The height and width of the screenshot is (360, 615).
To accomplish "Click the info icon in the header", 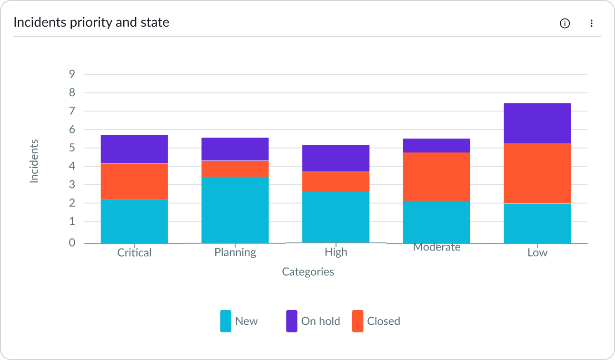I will click(565, 23).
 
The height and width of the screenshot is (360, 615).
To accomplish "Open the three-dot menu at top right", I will click(591, 23).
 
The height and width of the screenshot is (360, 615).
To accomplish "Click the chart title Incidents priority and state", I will click(91, 22).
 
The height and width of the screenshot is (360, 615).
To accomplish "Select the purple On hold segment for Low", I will click(537, 123).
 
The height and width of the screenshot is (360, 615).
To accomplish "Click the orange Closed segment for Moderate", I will click(436, 177).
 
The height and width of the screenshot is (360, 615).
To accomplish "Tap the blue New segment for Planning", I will click(235, 210).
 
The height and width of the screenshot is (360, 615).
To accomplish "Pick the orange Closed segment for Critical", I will click(134, 181).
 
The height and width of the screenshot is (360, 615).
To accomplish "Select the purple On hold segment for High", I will click(336, 159).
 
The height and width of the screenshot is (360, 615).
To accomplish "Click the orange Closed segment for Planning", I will click(235, 169).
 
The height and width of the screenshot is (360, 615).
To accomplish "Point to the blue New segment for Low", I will click(537, 223).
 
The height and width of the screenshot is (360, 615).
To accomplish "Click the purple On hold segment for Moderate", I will click(436, 146).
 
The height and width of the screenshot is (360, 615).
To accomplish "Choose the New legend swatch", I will click(226, 321).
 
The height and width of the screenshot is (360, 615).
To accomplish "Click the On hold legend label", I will click(320, 321).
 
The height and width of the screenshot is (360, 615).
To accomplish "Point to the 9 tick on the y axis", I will click(72, 74).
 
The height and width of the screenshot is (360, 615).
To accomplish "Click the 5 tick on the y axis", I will click(72, 148).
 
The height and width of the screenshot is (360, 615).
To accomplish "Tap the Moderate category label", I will click(436, 247).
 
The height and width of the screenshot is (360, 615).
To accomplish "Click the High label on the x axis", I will click(336, 252).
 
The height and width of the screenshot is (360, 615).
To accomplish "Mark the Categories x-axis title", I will click(308, 272).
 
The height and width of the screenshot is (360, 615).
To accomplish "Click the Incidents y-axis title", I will click(34, 161).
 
